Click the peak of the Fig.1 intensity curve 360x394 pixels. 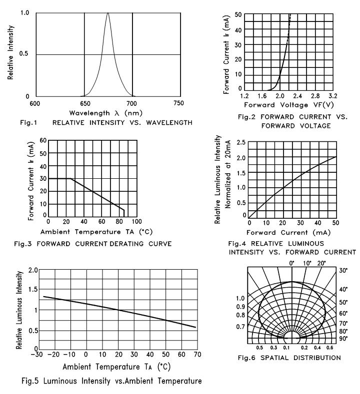[x=107, y=13]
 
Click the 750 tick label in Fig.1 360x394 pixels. [x=178, y=103]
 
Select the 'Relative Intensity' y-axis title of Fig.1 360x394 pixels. [x=11, y=54]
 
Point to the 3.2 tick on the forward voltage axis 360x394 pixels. [x=333, y=96]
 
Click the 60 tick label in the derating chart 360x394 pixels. [x=43, y=141]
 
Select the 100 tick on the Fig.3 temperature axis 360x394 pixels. [x=136, y=222]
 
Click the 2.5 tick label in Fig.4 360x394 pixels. [x=240, y=143]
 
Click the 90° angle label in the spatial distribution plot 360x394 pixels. [x=344, y=339]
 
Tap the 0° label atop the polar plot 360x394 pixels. [x=293, y=263]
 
